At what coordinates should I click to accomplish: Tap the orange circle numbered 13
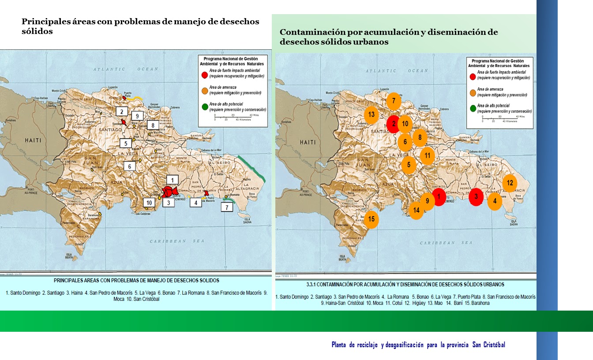tap(372, 115)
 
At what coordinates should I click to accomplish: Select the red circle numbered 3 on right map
tap(476, 197)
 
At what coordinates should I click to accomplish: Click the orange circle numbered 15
tap(371, 219)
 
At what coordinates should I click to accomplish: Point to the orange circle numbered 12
tap(509, 183)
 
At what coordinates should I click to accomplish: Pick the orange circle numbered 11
tap(427, 155)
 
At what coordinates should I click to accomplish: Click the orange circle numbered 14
tap(416, 210)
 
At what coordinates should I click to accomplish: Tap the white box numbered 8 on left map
tap(153, 125)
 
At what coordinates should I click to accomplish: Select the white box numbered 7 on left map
tap(227, 207)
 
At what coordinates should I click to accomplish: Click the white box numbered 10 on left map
tap(150, 202)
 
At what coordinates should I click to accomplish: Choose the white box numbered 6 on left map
tap(130, 166)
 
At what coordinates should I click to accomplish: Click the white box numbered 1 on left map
tap(173, 180)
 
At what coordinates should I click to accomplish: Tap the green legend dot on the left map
tap(204, 106)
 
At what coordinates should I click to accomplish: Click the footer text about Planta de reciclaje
tap(418, 345)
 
